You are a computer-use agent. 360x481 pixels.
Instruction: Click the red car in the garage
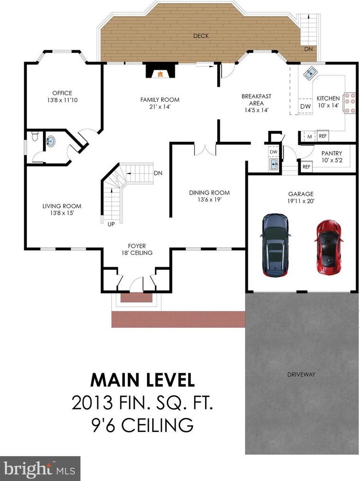tap(328, 247)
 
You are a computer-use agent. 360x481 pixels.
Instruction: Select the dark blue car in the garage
tap(276, 245)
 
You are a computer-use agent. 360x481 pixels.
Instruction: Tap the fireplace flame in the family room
tap(160, 74)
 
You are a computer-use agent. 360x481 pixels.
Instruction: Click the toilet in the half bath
tap(35, 136)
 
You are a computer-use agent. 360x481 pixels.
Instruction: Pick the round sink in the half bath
tap(50, 141)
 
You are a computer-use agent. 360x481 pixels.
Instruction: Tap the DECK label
tap(201, 36)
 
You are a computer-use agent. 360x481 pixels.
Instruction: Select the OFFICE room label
tap(62, 93)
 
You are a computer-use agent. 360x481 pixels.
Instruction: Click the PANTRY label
tap(331, 154)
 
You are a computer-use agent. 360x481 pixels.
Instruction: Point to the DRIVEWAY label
tap(301, 374)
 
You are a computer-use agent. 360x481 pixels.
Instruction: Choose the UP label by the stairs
tap(111, 224)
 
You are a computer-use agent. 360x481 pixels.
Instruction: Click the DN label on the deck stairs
tap(309, 49)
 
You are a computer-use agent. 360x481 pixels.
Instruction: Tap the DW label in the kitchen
tap(305, 106)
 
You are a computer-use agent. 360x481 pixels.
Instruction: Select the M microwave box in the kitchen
tap(310, 137)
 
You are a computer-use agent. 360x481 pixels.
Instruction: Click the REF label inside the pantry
tap(306, 167)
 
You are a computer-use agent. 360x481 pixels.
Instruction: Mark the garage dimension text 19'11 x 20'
tap(301, 201)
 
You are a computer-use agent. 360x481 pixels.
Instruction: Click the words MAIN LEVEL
tap(142, 380)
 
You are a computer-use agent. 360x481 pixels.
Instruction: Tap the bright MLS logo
tap(40, 469)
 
